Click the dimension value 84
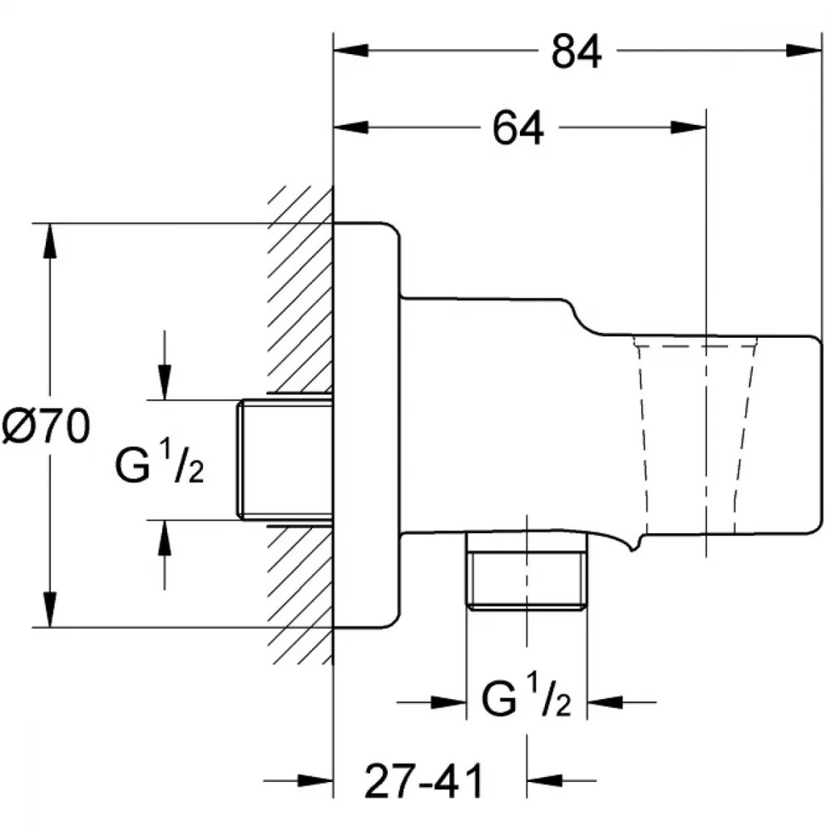(577, 52)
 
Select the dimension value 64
(518, 128)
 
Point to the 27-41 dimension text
(424, 780)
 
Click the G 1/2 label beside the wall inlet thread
(159, 463)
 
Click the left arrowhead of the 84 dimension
(351, 51)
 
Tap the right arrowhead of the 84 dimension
(804, 51)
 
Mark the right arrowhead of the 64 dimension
(689, 127)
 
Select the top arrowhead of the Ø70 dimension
(50, 241)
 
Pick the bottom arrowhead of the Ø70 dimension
(50, 610)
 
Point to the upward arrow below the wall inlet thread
(165, 555)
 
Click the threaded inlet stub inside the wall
(285, 459)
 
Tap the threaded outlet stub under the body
(527, 572)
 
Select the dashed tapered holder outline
(695, 435)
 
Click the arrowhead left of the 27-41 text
(315, 780)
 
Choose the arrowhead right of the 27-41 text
(544, 780)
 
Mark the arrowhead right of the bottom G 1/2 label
(605, 702)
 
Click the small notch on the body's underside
(631, 547)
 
